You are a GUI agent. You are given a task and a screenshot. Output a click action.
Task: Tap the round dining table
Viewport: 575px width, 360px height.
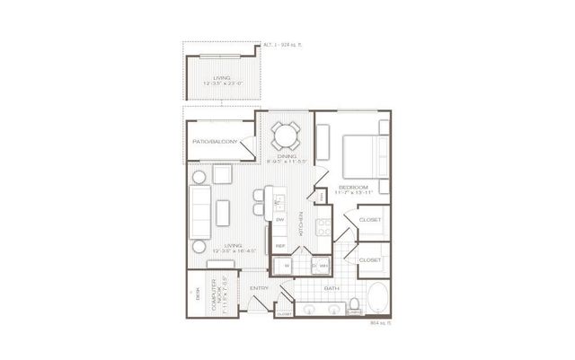[x=285, y=136]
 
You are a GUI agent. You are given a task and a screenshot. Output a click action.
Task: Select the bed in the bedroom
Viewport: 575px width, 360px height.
[x=365, y=158]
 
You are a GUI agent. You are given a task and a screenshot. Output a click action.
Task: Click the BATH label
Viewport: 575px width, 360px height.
[x=330, y=288]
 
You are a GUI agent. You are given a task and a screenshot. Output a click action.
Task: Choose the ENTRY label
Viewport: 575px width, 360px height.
[x=260, y=287]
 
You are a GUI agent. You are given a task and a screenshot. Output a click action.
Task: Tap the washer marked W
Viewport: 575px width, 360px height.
[x=285, y=265]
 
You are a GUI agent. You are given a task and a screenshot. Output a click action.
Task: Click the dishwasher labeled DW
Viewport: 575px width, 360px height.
[x=280, y=221]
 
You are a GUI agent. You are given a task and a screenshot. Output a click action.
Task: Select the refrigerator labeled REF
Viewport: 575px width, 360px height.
[x=280, y=245]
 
